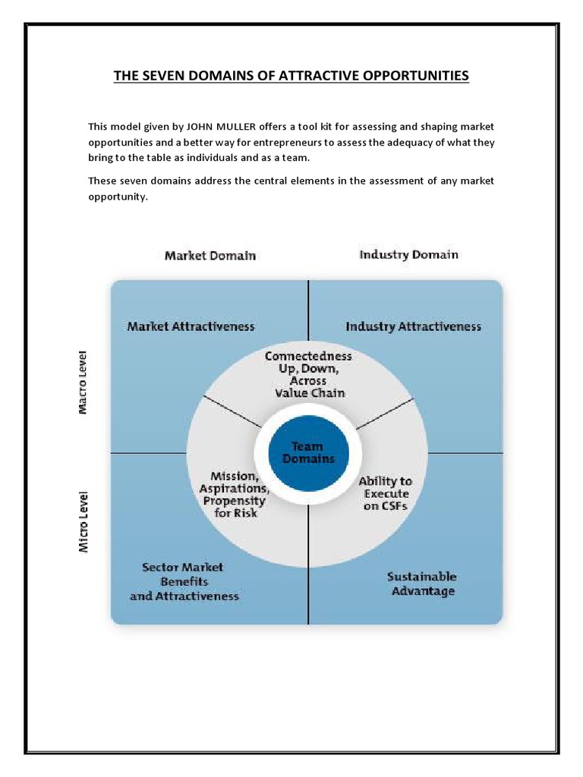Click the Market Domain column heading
[x=210, y=256]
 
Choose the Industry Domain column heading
[x=408, y=255]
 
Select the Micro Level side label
[x=84, y=521]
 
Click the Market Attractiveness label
[x=191, y=326]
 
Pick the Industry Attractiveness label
[x=413, y=326]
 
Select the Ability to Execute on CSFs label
[x=386, y=493]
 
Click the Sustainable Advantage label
[x=423, y=584]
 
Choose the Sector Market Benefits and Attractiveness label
[x=184, y=581]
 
